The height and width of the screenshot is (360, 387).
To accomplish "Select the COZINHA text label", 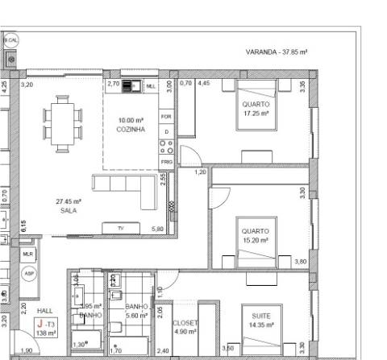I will point(130,130).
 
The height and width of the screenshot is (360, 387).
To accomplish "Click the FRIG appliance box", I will point(167,161).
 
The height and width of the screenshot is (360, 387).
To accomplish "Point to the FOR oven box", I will point(166,117).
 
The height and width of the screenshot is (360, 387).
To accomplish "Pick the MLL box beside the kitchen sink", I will point(150,85).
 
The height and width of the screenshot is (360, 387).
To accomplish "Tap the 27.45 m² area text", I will point(69,201).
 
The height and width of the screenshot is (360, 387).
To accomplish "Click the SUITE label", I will point(260,317).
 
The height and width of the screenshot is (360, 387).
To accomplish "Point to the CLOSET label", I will point(185,322).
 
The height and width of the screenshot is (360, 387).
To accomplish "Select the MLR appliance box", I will point(28,254).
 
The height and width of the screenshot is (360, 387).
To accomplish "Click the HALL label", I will point(44,311).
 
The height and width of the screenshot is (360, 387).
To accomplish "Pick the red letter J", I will point(39,323).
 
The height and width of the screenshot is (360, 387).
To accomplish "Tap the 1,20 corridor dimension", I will point(201,172).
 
